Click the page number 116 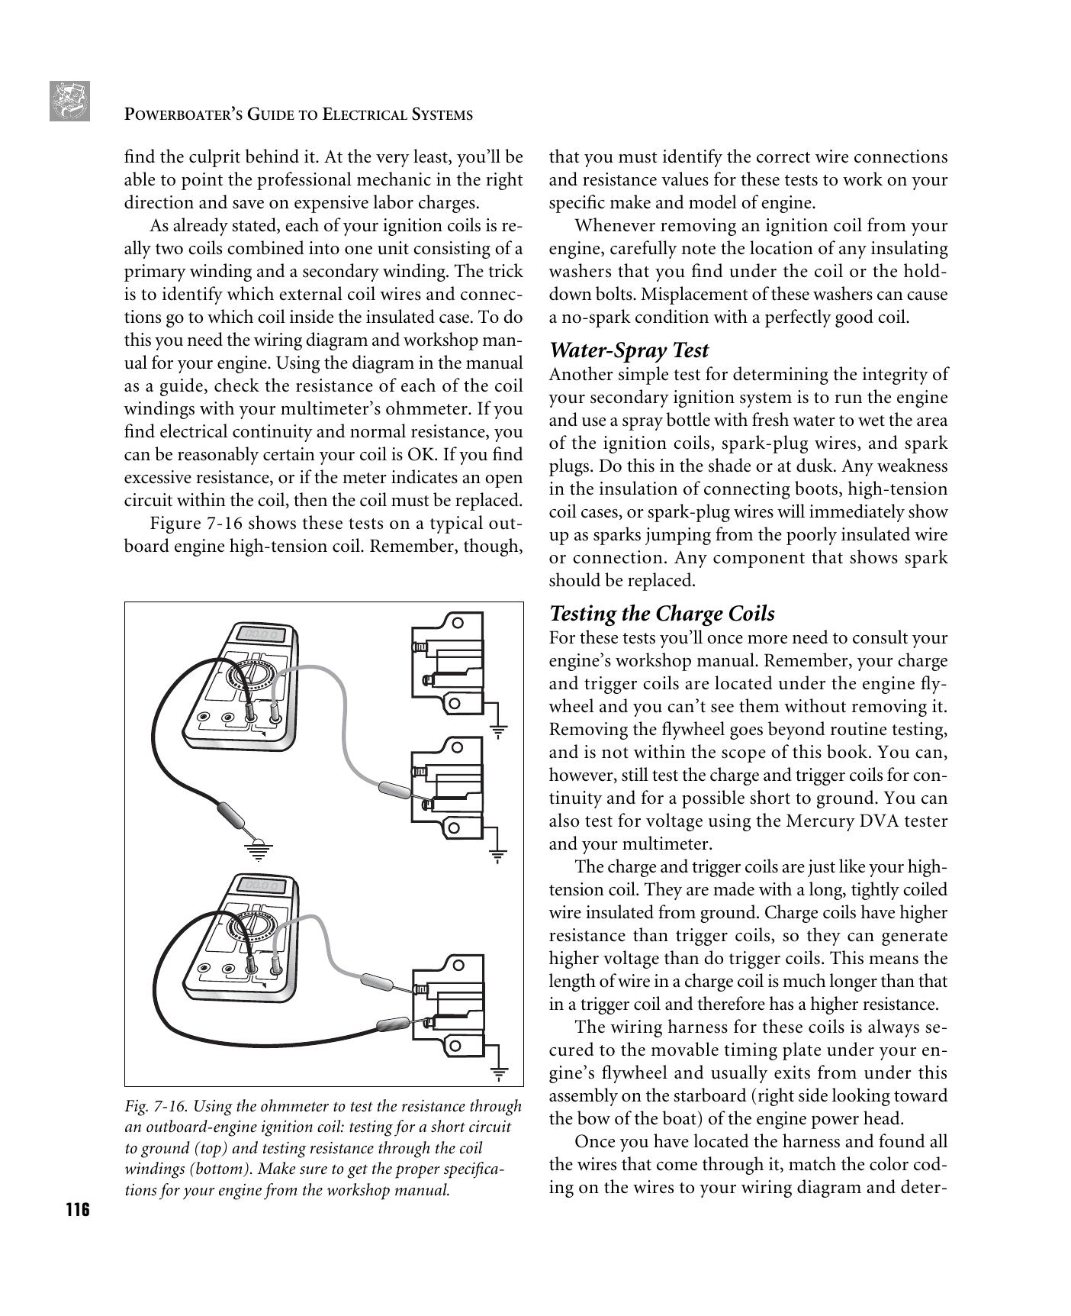click(x=77, y=1211)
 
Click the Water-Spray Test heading click(x=629, y=350)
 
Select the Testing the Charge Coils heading click(x=661, y=614)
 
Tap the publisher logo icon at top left click(x=69, y=101)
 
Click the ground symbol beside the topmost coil click(x=498, y=731)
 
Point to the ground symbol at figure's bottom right click(x=499, y=1075)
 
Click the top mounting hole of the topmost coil click(x=458, y=622)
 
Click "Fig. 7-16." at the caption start click(x=154, y=1107)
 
